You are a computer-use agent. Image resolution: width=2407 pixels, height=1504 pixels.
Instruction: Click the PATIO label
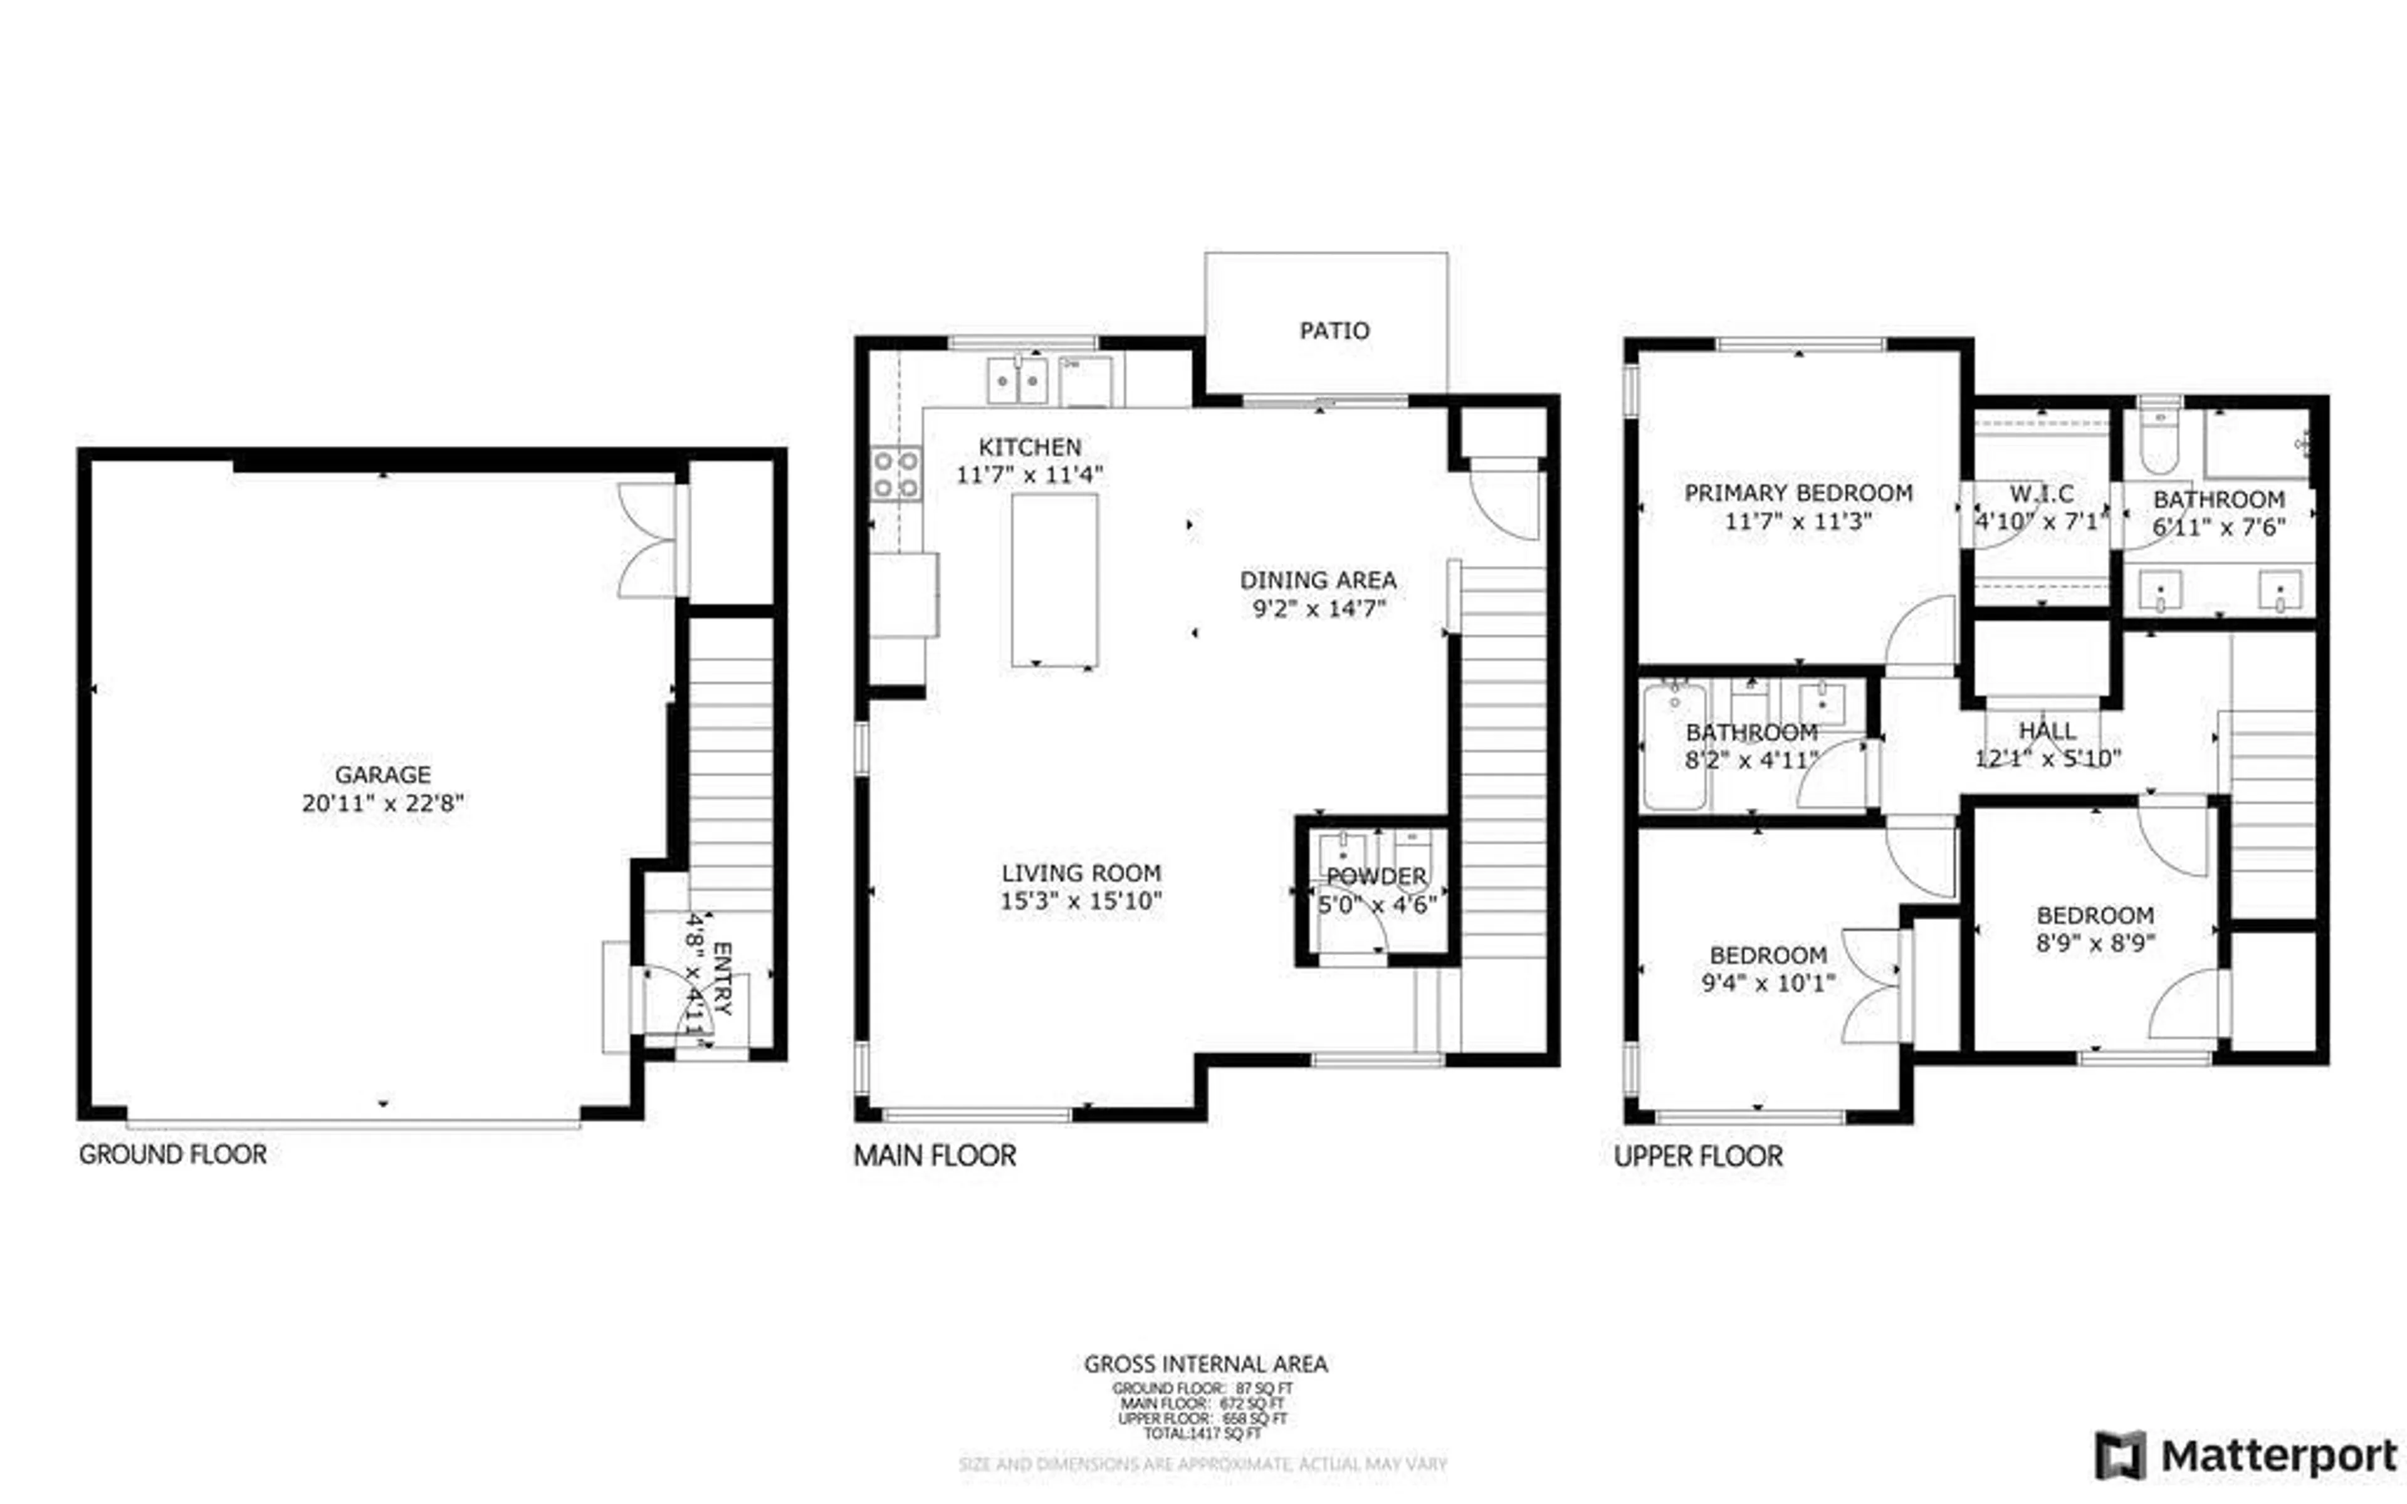tap(1334, 330)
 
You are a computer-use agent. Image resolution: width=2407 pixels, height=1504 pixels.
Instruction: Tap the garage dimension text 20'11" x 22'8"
tap(383, 804)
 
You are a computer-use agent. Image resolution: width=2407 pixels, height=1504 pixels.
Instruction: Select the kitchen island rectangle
tap(1054, 580)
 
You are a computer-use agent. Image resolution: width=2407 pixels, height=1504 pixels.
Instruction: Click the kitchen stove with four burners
tap(895, 474)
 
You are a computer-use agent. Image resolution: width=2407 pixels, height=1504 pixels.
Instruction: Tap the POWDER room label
tap(1377, 876)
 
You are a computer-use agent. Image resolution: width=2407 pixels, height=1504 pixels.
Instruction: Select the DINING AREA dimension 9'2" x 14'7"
tap(1318, 608)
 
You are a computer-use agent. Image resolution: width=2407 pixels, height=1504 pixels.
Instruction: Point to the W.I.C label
tap(2041, 493)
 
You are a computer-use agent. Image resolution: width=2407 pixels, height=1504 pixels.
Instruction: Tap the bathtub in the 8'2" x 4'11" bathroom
tap(1674, 746)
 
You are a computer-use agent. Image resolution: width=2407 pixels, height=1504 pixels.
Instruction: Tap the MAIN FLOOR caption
tap(935, 1156)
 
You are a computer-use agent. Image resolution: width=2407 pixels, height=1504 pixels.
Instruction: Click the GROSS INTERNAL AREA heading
tap(1205, 1364)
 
